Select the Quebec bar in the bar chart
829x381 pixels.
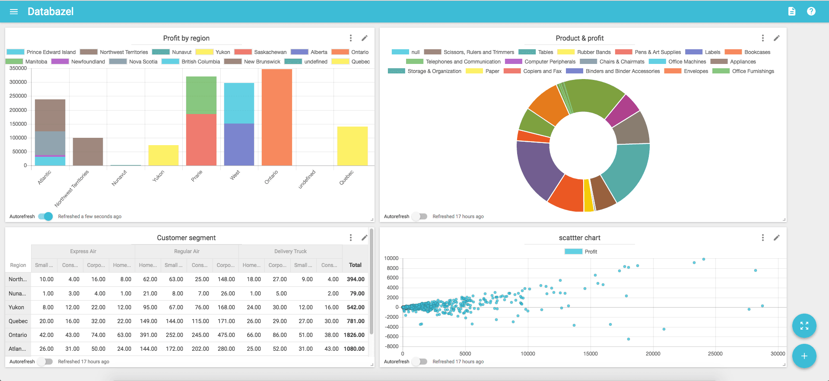pyautogui.click(x=352, y=146)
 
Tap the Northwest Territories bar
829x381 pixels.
pyautogui.click(x=88, y=152)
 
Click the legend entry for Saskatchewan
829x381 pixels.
pyautogui.click(x=260, y=52)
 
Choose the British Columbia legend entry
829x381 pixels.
pyautogui.click(x=191, y=62)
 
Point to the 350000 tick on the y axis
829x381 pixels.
pyautogui.click(x=18, y=68)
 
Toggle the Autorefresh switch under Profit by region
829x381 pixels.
pyautogui.click(x=45, y=216)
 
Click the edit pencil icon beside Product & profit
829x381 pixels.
pyautogui.click(x=776, y=38)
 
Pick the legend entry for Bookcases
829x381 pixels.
pyautogui.click(x=748, y=52)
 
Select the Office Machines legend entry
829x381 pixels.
pyautogui.click(x=677, y=62)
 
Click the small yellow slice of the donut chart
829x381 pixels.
pyautogui.click(x=588, y=195)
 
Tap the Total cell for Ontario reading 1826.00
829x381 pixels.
pyautogui.click(x=354, y=335)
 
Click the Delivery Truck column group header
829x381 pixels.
pyautogui.click(x=290, y=251)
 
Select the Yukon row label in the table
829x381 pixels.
pyautogui.click(x=16, y=307)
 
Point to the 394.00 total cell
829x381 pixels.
pyautogui.click(x=355, y=279)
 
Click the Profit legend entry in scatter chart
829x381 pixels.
pyautogui.click(x=581, y=252)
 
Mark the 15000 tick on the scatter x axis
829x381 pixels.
pyautogui.click(x=590, y=354)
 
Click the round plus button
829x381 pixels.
pyautogui.click(x=804, y=356)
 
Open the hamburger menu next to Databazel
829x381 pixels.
pyautogui.click(x=14, y=12)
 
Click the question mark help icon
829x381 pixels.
pyautogui.click(x=811, y=12)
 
